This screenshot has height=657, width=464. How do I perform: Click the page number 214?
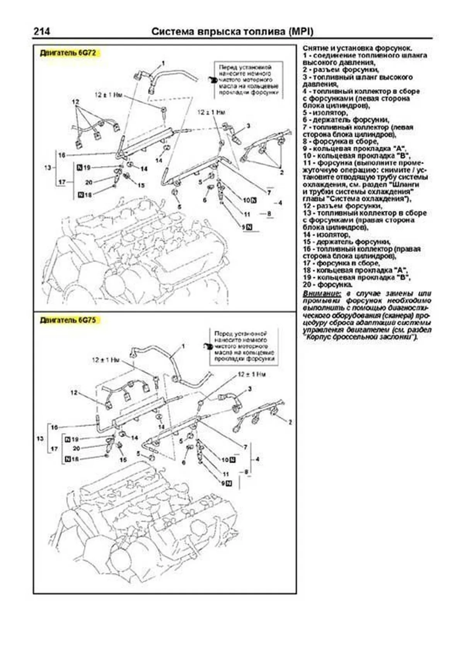(41, 31)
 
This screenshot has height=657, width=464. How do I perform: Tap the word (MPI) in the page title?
(301, 31)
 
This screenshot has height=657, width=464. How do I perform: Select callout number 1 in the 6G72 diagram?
(163, 63)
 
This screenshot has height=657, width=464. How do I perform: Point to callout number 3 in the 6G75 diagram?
(250, 389)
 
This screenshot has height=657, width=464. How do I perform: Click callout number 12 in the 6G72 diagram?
(75, 102)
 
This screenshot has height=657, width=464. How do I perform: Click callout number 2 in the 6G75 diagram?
(290, 422)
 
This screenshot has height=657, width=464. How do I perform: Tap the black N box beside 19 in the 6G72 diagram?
(80, 168)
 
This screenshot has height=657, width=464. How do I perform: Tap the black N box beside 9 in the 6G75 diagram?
(229, 483)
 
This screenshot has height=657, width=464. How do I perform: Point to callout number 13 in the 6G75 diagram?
(40, 439)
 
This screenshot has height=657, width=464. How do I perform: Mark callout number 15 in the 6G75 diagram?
(123, 460)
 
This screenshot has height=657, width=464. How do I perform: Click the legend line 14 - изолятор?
(327, 234)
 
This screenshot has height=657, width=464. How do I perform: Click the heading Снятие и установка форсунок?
(357, 48)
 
